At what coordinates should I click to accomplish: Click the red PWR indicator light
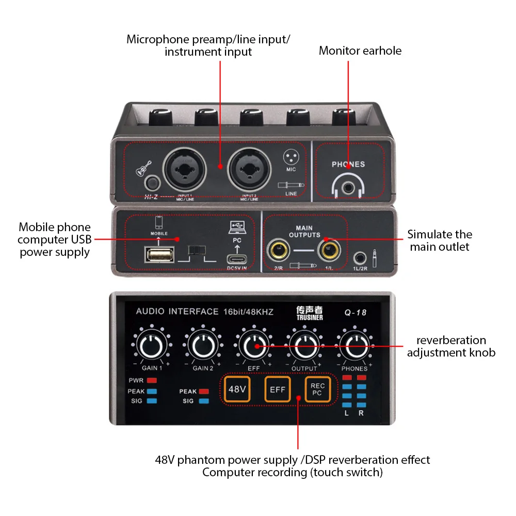(151, 380)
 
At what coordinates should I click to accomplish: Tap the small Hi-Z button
(152, 182)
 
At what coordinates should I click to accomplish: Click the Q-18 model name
(354, 312)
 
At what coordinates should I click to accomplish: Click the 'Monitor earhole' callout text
(360, 51)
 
